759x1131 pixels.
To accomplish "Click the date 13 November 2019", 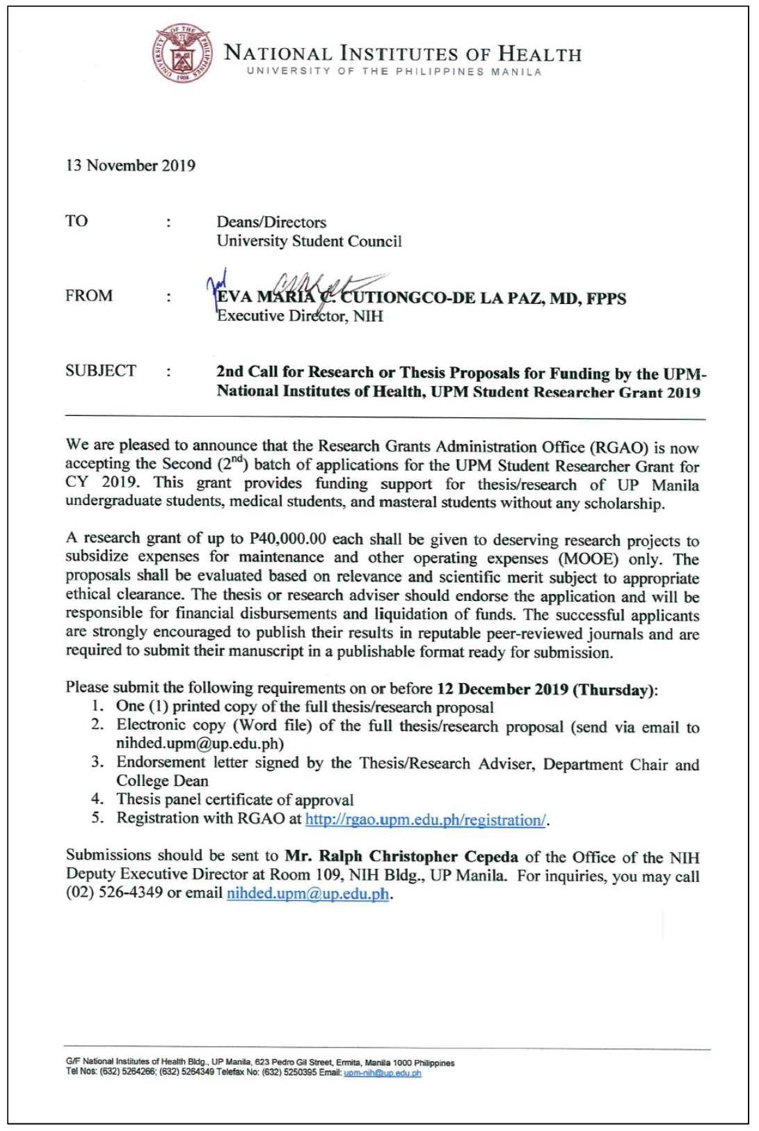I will click(130, 166).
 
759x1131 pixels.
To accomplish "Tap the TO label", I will click(77, 221).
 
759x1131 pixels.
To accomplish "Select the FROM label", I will click(89, 296).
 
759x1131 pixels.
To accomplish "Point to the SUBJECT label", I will click(101, 371).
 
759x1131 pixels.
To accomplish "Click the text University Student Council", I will click(309, 241).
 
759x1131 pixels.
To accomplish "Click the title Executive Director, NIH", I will click(300, 316).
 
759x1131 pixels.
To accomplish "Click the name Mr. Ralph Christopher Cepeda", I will click(401, 857).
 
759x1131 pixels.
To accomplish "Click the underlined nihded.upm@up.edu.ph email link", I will click(307, 894).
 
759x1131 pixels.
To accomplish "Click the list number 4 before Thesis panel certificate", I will click(99, 800).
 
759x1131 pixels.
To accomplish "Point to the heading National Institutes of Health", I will click(402, 54).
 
